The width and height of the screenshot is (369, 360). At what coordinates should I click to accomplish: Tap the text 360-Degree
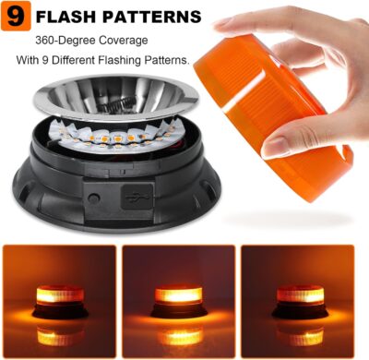tap(67, 42)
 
